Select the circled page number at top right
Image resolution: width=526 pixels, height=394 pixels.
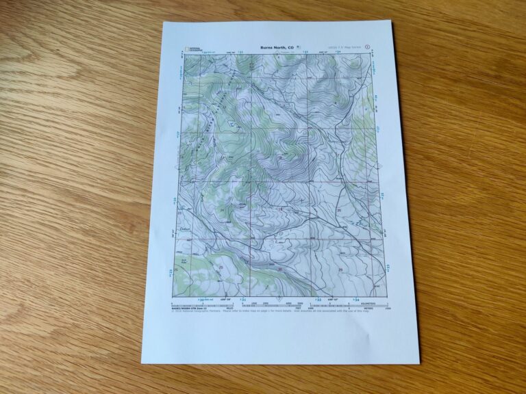coord(368,48)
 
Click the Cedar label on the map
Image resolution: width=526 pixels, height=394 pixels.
coord(184,227)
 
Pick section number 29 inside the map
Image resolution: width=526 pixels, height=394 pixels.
coord(342,270)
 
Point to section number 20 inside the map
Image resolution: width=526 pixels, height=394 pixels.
coord(338,210)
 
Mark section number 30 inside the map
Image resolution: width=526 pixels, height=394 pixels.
coord(280,268)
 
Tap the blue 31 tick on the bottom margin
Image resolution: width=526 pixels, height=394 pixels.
coord(242,300)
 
